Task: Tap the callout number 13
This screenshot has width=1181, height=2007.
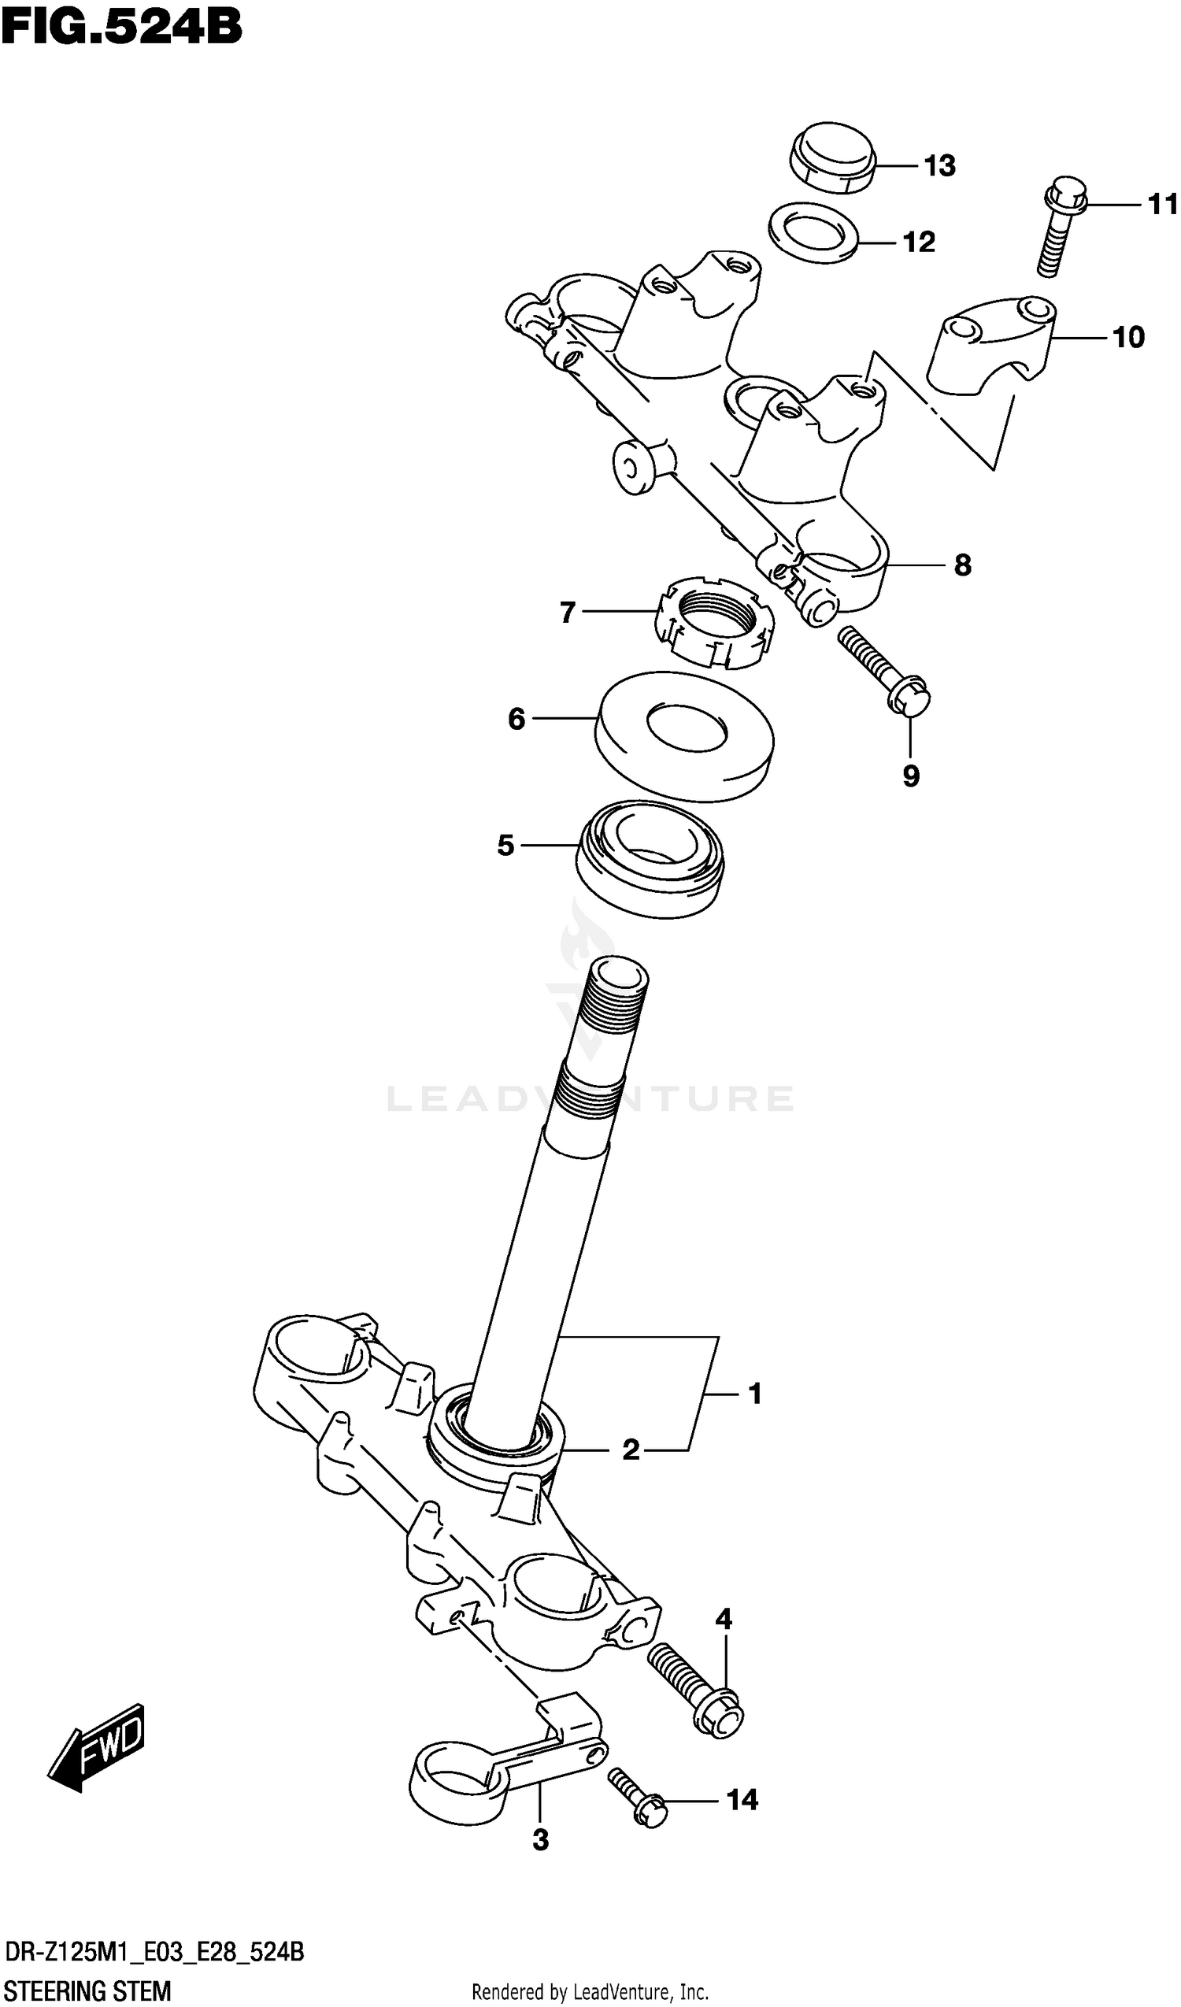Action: [x=939, y=165]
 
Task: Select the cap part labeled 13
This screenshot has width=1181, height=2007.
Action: [x=832, y=157]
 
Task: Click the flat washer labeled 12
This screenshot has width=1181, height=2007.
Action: [x=813, y=231]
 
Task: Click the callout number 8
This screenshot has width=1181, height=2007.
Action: [x=962, y=565]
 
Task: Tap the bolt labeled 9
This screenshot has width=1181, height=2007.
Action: [x=885, y=671]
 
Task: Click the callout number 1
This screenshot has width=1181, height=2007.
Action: [x=755, y=1394]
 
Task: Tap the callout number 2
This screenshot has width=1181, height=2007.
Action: [x=630, y=1450]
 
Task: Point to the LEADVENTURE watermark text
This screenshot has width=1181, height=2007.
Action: [x=589, y=1099]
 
